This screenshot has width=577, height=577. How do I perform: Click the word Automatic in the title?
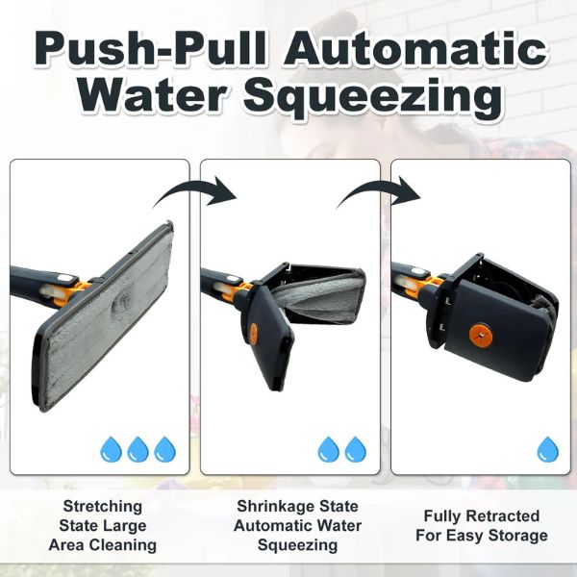415,50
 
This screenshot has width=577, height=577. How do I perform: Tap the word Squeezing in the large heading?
372,97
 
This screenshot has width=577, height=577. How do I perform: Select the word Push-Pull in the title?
150,49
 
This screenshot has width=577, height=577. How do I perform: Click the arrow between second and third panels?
377,187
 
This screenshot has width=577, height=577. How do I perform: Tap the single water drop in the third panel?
547,449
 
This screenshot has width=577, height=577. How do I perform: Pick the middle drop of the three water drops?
138,449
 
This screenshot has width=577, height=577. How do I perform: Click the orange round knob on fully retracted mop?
480,336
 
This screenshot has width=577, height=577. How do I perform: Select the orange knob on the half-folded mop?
254,333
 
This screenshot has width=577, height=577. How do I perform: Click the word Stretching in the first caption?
103,507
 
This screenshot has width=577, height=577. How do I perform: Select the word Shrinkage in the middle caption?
275,507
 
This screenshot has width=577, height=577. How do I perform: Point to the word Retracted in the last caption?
503,515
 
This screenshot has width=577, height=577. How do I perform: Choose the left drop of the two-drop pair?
328,449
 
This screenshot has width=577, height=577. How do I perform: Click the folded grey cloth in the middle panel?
319,299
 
